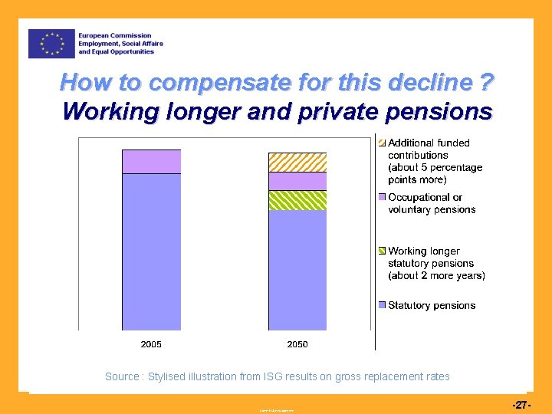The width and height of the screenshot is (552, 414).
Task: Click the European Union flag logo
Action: (x=51, y=44)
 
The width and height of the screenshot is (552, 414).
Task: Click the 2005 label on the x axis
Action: (x=151, y=344)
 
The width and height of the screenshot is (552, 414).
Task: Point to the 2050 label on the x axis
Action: (x=297, y=344)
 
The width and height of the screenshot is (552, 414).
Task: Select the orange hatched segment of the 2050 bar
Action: (x=297, y=163)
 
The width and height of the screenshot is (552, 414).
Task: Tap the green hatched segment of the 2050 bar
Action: (x=297, y=200)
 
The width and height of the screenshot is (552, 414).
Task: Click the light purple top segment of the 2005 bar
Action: (x=151, y=162)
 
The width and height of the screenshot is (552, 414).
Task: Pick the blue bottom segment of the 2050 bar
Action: (x=297, y=270)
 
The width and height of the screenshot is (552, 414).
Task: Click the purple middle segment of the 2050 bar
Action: (x=297, y=181)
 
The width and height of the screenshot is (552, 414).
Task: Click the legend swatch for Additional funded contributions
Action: (x=382, y=143)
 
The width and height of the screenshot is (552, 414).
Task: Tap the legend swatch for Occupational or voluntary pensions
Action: (x=382, y=198)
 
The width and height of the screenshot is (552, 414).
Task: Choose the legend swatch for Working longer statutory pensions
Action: (x=382, y=251)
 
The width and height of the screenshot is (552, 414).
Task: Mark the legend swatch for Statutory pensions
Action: (x=382, y=305)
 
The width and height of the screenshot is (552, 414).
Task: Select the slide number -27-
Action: (x=521, y=403)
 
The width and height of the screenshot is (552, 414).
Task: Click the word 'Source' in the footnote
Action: (x=121, y=376)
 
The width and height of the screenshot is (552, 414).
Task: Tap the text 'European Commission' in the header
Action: (x=114, y=36)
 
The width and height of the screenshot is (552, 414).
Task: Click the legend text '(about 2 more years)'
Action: (x=436, y=275)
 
